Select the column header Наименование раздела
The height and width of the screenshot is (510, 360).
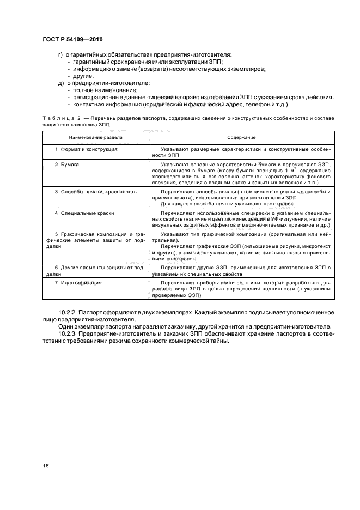[95, 138]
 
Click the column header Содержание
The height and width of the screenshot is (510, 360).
[241, 138]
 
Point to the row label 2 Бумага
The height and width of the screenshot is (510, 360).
[68, 163]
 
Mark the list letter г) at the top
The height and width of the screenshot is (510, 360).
[61, 54]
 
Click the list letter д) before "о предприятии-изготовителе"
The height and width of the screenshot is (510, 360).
[61, 83]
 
